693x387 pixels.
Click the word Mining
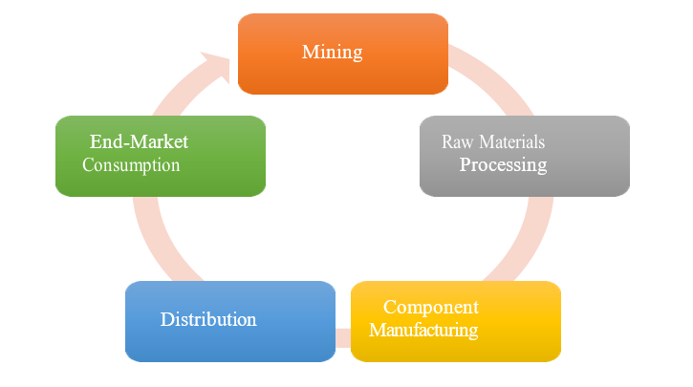click(x=332, y=52)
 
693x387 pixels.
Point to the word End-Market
click(x=139, y=141)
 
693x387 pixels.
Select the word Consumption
click(x=131, y=164)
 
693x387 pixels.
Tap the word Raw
click(x=458, y=141)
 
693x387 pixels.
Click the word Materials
click(x=511, y=141)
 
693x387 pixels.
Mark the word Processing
click(x=503, y=164)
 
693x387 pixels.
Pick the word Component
click(x=430, y=307)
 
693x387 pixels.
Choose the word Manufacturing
click(x=423, y=331)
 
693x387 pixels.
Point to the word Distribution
click(x=208, y=319)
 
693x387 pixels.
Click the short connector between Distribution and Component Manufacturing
click(x=342, y=337)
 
